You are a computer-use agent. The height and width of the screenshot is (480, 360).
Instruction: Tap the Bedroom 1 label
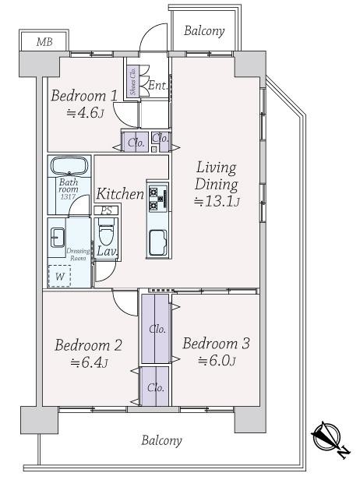coord(84,96)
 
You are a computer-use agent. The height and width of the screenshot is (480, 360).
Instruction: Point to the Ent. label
coord(157,86)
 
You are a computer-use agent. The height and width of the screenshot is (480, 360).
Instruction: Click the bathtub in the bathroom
coord(70,167)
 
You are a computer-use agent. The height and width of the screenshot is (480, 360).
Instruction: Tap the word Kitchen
coord(119,194)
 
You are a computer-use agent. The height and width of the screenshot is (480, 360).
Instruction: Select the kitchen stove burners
coord(157,198)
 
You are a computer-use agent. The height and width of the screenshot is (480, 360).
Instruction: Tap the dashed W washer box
coord(59,275)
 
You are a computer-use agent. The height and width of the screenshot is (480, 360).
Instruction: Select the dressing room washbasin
coord(58,238)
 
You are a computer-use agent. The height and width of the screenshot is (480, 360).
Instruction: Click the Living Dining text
coord(216,177)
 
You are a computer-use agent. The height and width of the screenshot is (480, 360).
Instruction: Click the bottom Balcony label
coord(161,440)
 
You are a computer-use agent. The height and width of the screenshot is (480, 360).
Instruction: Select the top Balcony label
coord(204,31)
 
